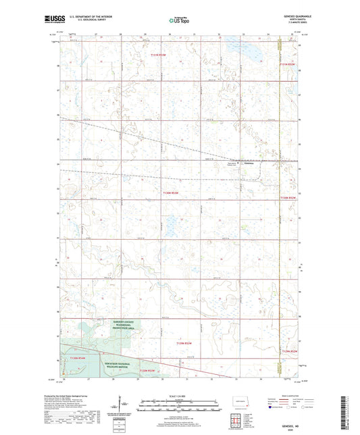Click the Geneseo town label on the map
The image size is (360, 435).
pos(249,163)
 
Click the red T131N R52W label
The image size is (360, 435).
pos(288,64)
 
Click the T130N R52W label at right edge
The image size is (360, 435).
pos(288,197)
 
